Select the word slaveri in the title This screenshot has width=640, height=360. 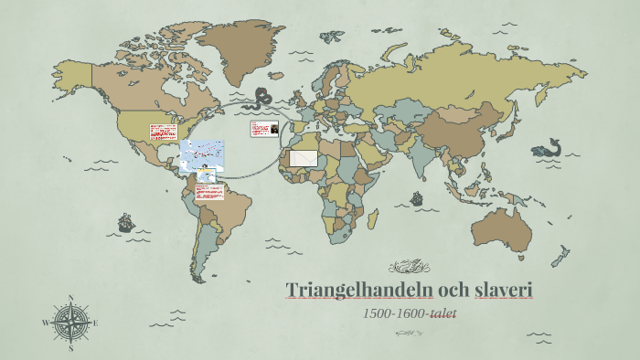(503, 291)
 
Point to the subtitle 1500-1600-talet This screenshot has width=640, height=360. (409, 313)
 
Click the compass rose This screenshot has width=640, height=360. (70, 322)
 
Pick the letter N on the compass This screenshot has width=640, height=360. (70, 298)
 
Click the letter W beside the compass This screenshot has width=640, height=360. (45, 323)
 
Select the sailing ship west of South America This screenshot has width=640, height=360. (125, 222)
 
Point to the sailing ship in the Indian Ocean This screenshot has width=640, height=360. (417, 197)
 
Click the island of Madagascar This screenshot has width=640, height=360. (374, 217)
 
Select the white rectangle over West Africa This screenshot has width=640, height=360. (303, 158)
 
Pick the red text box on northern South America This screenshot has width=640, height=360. (209, 192)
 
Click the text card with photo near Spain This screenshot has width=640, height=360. (264, 130)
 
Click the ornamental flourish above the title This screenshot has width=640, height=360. (409, 267)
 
